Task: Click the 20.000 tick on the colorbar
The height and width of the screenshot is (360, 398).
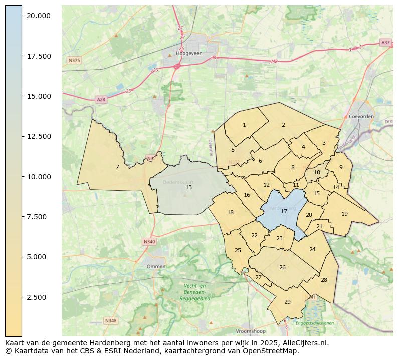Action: pos(39,16)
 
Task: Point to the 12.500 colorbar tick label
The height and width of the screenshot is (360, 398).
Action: pos(39,136)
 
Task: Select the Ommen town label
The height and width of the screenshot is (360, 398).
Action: pos(156,267)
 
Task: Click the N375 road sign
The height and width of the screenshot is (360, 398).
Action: pos(74,60)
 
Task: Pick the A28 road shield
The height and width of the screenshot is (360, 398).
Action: pos(101,100)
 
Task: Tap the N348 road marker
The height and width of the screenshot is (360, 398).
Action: pos(110,320)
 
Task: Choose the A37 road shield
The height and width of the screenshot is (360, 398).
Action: pos(385,43)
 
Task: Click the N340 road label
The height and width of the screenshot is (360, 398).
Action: pos(149,242)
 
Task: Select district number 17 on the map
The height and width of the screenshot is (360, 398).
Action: pos(284,211)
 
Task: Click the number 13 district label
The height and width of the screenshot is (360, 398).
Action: pos(188,187)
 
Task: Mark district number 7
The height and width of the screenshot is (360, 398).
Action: pos(117,167)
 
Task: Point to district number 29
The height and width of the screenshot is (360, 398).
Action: pos(287,302)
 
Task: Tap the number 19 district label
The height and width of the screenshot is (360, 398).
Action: pos(344,214)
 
